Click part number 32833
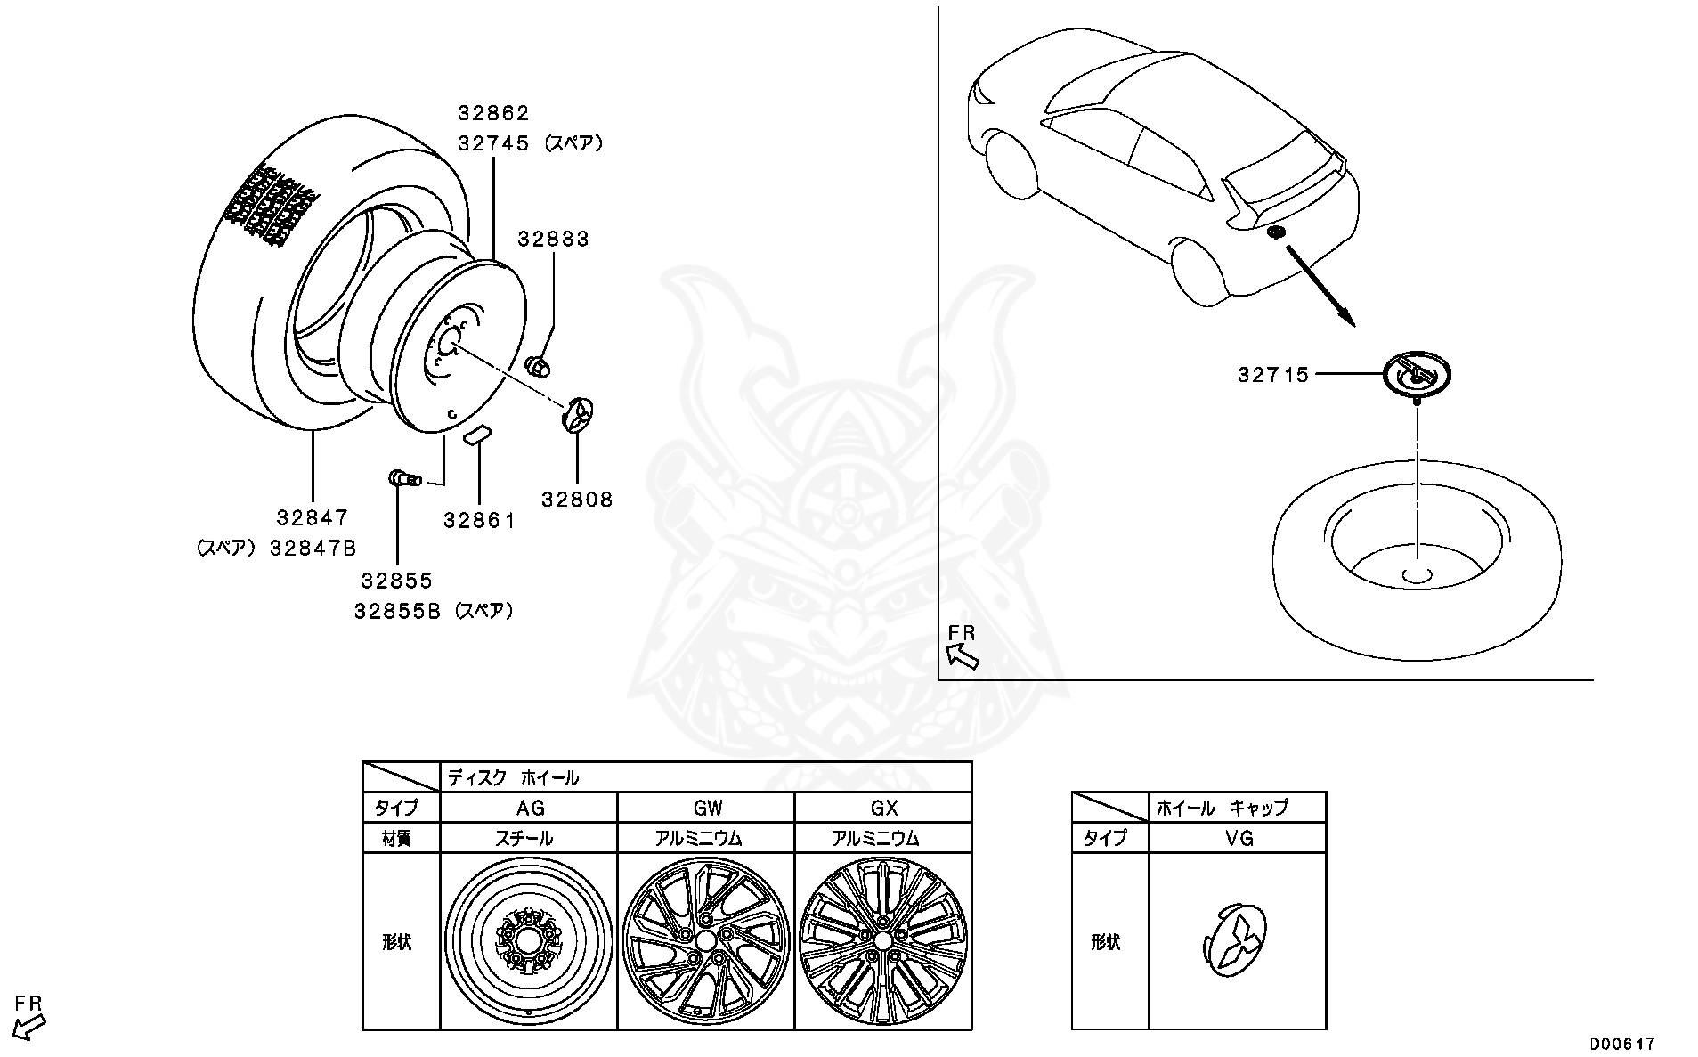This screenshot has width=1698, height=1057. coord(553,239)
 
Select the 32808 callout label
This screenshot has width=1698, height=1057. coord(577,500)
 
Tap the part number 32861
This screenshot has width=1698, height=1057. coord(479,520)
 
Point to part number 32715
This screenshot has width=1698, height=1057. coord(1273,375)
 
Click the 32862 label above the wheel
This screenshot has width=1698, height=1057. coord(493,113)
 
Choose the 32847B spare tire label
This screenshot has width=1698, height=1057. coord(313,549)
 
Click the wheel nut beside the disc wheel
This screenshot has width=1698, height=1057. coord(538,364)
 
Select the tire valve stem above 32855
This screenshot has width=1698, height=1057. coord(402,479)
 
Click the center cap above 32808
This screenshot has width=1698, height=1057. coord(578,415)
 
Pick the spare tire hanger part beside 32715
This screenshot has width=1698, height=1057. coord(1416,374)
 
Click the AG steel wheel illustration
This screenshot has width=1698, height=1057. coord(529,940)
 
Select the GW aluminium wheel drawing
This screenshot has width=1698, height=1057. coord(705,940)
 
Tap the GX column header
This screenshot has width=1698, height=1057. coord(882,808)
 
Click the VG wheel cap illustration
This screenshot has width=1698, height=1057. coord(1237,941)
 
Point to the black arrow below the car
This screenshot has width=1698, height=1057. coord(1320,285)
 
